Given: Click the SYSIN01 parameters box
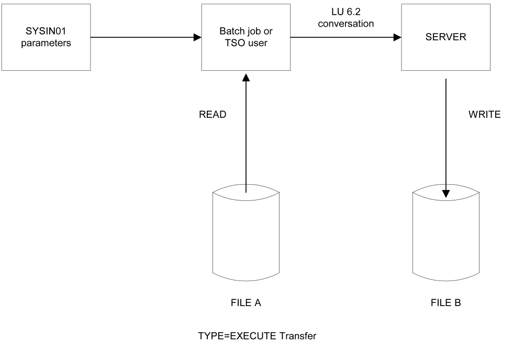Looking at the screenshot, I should (x=46, y=38).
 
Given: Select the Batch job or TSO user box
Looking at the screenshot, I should (x=246, y=38).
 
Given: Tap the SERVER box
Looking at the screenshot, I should (x=445, y=38).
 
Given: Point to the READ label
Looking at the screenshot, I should (x=213, y=115).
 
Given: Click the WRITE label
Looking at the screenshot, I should (x=484, y=115).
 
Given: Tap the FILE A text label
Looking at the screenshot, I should (x=246, y=302).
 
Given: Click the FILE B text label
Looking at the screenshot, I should (x=445, y=302).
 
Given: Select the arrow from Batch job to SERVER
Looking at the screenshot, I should (x=345, y=37).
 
